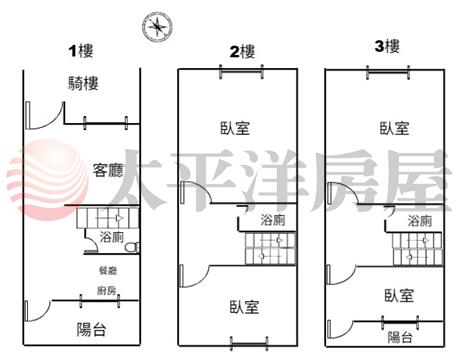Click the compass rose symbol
click(x=157, y=27)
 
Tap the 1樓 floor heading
click(x=81, y=51)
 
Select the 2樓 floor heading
click(x=242, y=52)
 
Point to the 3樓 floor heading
click(x=387, y=46)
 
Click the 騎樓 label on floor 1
click(x=83, y=83)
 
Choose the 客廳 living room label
click(x=108, y=170)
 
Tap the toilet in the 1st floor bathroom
click(x=133, y=247)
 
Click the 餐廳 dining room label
click(x=108, y=270)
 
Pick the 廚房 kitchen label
click(x=107, y=291)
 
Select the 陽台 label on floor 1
click(x=91, y=330)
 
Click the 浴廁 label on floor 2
click(x=273, y=220)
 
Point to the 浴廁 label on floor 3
click(x=420, y=221)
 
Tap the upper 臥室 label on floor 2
click(x=235, y=128)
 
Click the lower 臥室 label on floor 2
click(x=244, y=307)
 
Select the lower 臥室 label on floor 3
click(x=399, y=296)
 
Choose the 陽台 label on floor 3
click(x=400, y=337)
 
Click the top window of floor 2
click(x=241, y=72)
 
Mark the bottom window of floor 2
click(x=249, y=343)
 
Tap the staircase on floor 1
click(x=107, y=218)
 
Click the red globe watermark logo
click(x=47, y=180)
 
